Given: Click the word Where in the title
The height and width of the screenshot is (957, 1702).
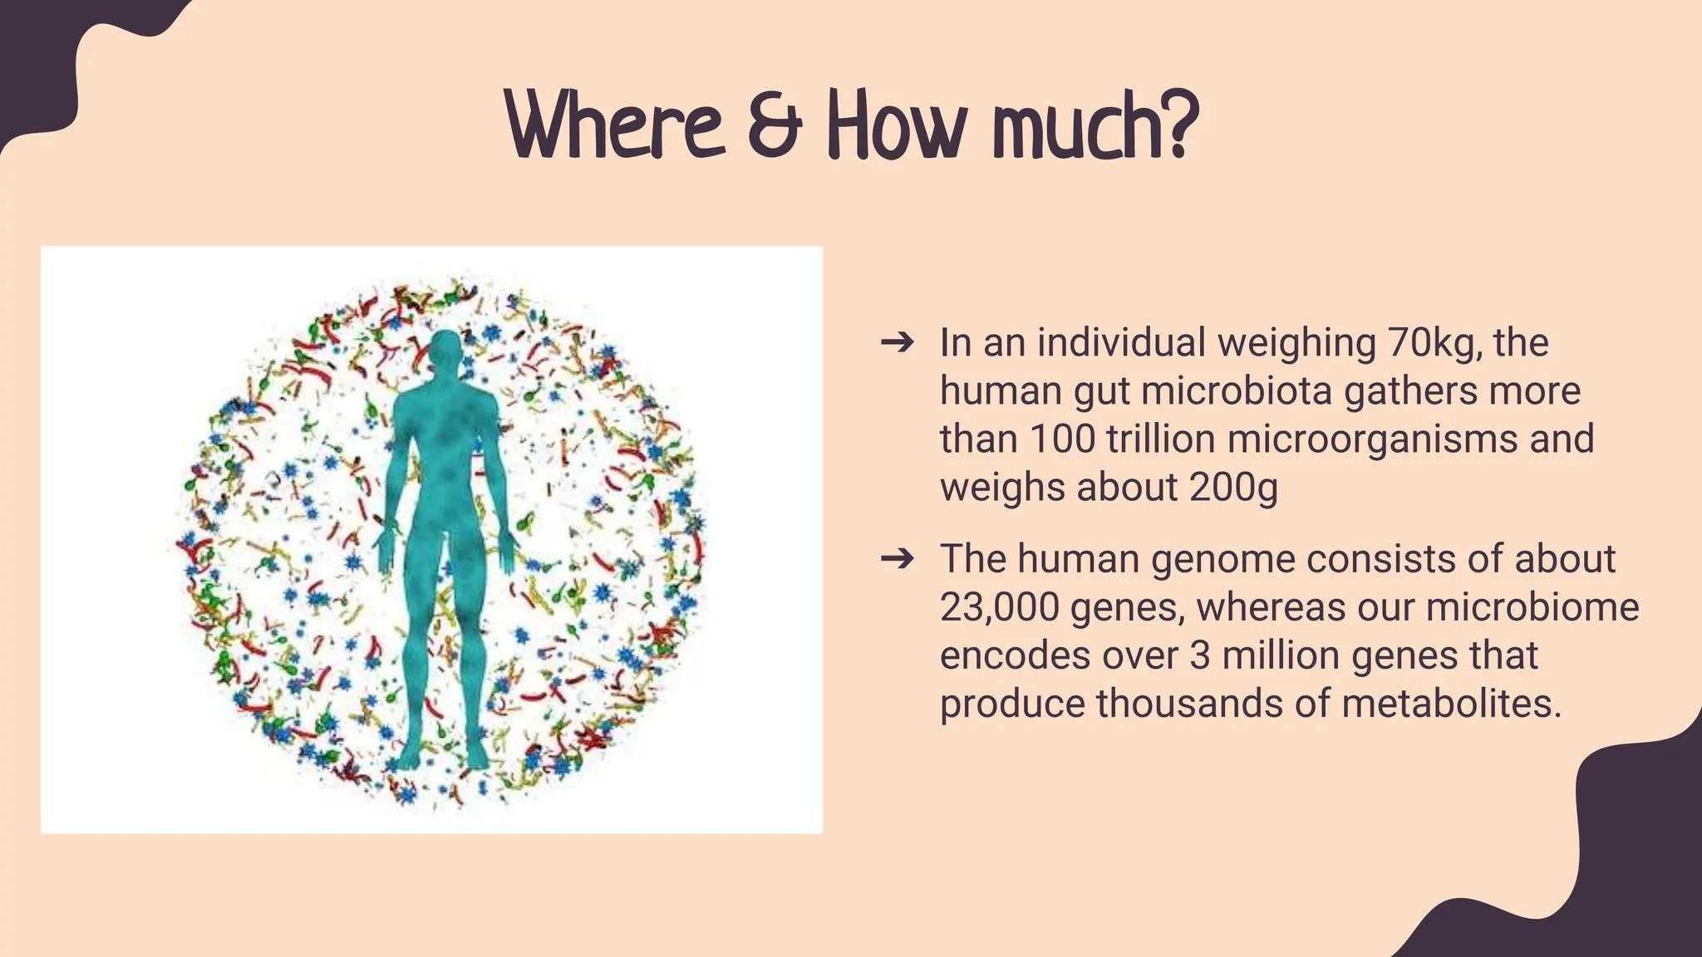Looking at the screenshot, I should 615,126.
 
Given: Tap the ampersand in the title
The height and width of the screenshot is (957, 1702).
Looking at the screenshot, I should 774,129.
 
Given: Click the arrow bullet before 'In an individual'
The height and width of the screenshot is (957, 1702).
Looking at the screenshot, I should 898,341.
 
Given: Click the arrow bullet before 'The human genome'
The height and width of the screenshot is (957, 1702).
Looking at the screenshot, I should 898,558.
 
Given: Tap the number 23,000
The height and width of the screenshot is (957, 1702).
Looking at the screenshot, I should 998,608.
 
